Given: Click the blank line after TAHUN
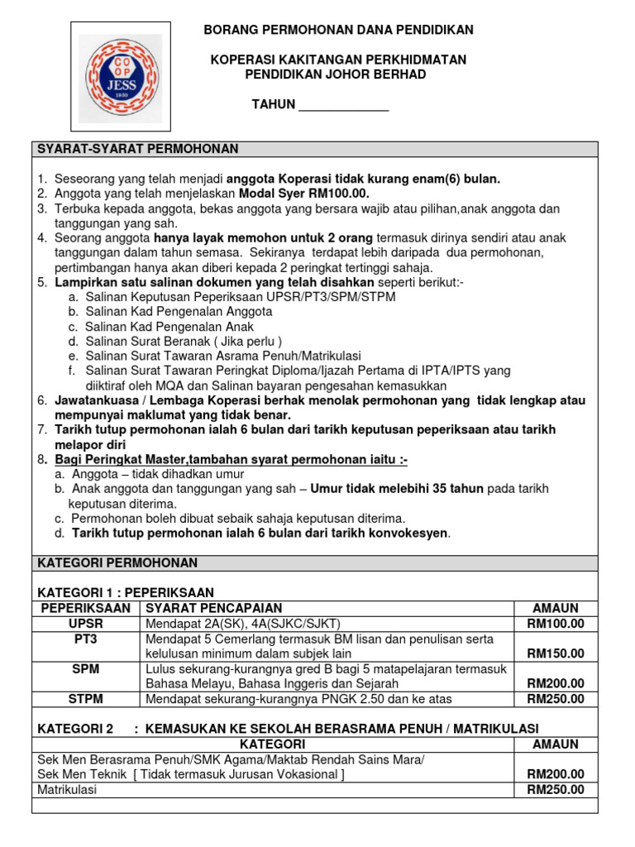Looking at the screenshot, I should (x=342, y=106).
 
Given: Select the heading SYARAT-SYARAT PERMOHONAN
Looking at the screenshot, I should (x=137, y=149).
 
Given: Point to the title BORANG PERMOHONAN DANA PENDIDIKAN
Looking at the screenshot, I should (x=339, y=30).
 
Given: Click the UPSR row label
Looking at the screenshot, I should (x=86, y=624).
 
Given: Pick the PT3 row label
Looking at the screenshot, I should (x=86, y=639).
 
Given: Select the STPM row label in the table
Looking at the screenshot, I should (x=86, y=699).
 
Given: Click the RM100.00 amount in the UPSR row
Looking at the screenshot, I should (x=556, y=624).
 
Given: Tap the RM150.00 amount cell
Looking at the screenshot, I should (x=556, y=653).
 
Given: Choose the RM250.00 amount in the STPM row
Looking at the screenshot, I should (x=556, y=699).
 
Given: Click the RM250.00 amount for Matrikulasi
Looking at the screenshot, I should (x=556, y=790).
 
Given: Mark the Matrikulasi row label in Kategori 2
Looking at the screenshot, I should (x=67, y=790).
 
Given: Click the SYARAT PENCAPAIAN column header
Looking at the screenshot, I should (x=214, y=608).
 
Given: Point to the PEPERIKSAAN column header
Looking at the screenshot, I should (x=86, y=608).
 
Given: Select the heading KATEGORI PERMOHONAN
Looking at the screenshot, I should (x=117, y=563).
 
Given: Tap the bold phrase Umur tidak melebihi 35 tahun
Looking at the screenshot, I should (x=397, y=489).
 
